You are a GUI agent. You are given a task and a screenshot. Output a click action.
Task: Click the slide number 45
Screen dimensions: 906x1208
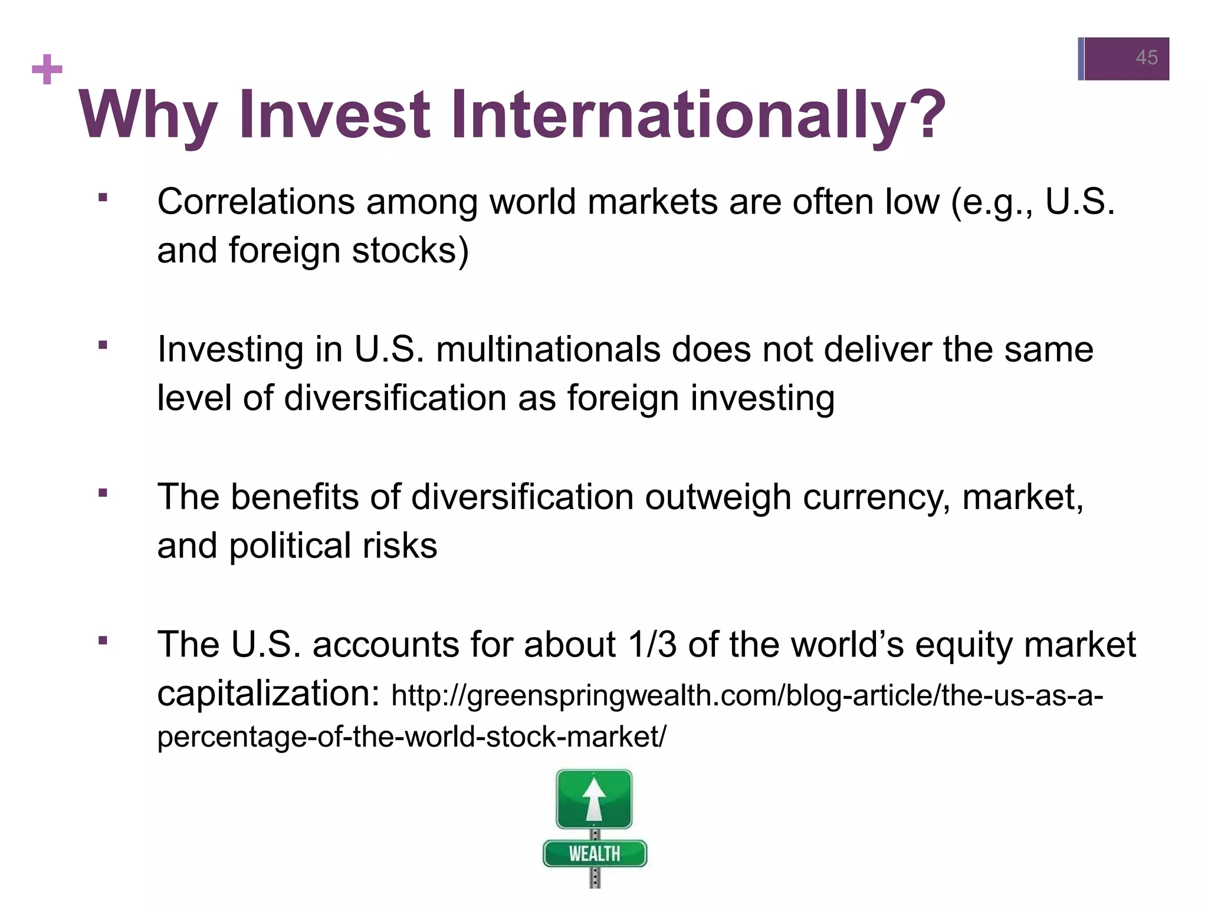[x=1146, y=58]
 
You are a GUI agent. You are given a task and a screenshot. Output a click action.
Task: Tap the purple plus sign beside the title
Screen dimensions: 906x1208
[x=47, y=70]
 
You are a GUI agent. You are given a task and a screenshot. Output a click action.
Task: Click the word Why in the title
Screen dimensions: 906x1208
[x=147, y=115]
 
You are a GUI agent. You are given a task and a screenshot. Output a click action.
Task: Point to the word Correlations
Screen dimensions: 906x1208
[x=255, y=202]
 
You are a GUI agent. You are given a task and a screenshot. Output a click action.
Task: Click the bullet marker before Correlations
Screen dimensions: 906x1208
[x=103, y=198]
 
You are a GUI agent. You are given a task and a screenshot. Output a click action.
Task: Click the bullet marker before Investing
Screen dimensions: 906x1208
[x=103, y=345]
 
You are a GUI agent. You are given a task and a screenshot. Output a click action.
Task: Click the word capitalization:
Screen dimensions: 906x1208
[x=268, y=693]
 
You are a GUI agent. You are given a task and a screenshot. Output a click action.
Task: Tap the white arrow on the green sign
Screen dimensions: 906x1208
[x=594, y=799]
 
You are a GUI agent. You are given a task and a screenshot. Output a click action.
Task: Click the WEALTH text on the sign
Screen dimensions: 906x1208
[x=595, y=854]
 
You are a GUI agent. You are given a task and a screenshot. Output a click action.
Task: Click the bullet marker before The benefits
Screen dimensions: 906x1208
[x=103, y=493]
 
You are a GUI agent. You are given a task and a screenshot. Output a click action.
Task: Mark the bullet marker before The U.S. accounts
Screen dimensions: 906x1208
[x=103, y=640]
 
